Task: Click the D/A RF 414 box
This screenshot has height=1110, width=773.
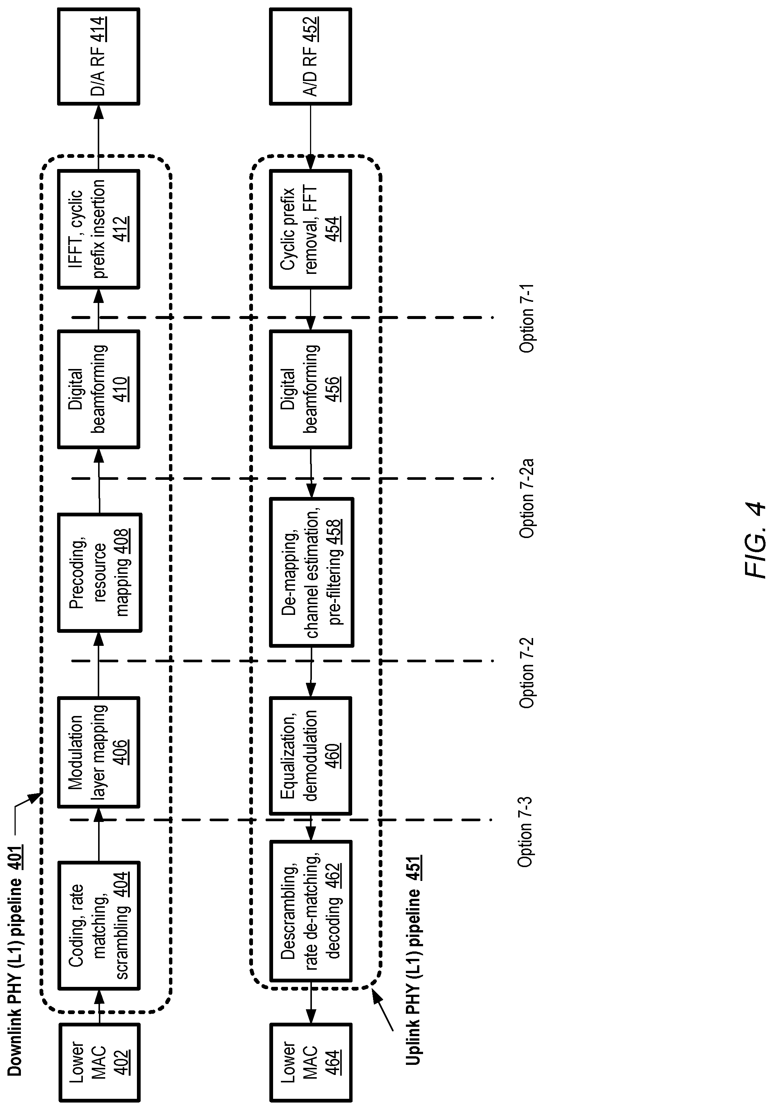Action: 98,56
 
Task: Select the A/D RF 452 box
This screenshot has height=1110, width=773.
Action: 310,56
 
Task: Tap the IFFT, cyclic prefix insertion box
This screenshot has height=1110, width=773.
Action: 98,229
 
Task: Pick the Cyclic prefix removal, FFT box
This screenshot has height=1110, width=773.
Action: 310,229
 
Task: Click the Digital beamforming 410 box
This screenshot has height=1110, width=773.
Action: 98,389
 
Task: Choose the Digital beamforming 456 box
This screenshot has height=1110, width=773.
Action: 310,389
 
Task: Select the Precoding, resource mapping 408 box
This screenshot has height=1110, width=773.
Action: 100,572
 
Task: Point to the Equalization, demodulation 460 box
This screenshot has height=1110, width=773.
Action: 310,756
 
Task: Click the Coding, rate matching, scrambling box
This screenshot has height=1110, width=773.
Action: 98,925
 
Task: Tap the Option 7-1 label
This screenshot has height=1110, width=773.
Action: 526,319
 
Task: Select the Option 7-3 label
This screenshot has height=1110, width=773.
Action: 526,832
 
